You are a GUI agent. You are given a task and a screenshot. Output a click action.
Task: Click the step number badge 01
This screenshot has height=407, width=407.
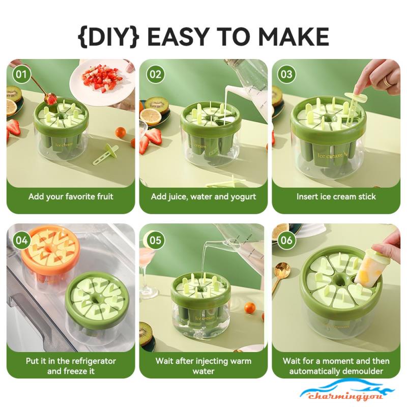pyautogui.click(x=21, y=74)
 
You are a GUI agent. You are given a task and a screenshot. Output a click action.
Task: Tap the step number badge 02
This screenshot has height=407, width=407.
pyautogui.click(x=156, y=74)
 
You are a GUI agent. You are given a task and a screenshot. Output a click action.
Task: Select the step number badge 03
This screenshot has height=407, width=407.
pyautogui.click(x=286, y=74)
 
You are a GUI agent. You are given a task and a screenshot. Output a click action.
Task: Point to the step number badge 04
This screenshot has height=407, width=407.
pyautogui.click(x=21, y=240)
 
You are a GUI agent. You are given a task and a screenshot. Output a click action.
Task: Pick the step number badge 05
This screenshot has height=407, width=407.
pyautogui.click(x=156, y=240)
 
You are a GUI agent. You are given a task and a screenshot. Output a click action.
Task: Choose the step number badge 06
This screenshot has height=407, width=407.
pyautogui.click(x=286, y=240)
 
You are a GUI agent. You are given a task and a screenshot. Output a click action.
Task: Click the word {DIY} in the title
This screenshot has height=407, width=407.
pyautogui.click(x=108, y=37)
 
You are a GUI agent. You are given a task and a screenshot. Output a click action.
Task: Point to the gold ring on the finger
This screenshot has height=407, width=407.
pyautogui.click(x=388, y=81)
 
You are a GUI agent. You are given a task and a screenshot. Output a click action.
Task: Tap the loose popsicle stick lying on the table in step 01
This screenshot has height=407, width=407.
pyautogui.click(x=106, y=155)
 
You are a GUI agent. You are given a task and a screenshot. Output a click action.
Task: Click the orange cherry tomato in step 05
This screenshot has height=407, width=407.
pyautogui.click(x=250, y=308)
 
